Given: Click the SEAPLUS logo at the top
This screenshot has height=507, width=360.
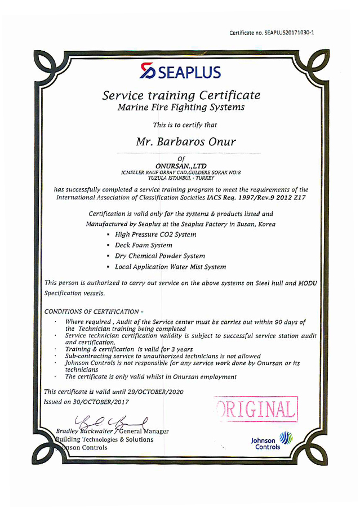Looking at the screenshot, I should [180, 71].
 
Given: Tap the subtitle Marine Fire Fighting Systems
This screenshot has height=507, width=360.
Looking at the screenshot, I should [181, 107].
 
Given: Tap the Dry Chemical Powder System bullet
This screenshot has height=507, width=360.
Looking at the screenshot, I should [159, 256].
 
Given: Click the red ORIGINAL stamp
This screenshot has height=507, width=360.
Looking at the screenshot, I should [256, 409].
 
